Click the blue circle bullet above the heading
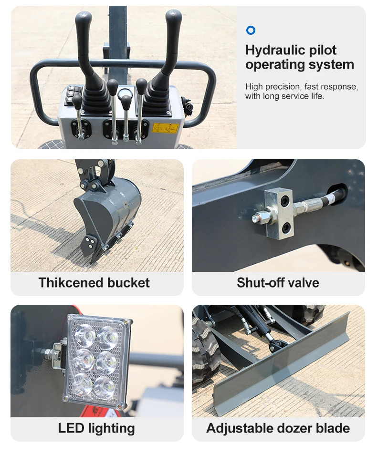click(251, 30)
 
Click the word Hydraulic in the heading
click(275, 50)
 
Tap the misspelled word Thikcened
click(71, 283)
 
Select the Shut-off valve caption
click(278, 283)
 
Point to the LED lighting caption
click(96, 428)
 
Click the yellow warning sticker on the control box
click(165, 128)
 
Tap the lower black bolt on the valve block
click(286, 228)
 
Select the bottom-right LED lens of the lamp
click(105, 387)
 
